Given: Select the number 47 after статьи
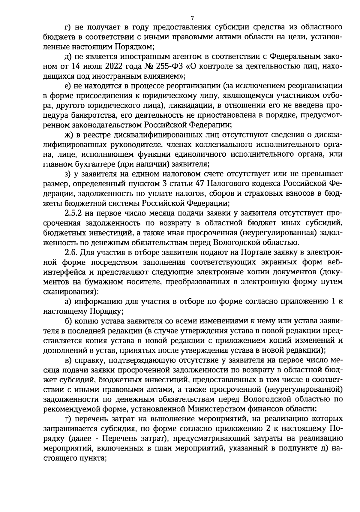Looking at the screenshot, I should pyautogui.click(x=200, y=183).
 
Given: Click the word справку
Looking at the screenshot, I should pyautogui.click(x=87, y=360).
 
